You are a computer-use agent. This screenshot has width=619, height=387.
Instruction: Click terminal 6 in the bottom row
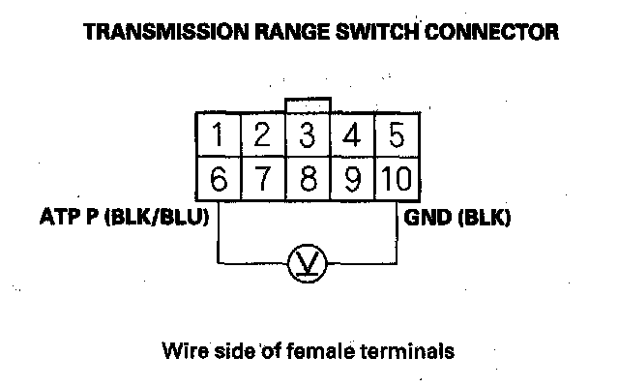(x=220, y=180)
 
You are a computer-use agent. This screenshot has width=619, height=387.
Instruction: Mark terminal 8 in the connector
(x=308, y=180)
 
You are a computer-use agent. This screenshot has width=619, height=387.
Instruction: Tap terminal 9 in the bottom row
(x=351, y=180)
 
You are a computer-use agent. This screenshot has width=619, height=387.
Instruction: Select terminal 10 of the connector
(x=394, y=180)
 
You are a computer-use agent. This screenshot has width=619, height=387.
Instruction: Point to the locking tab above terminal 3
(x=308, y=104)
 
